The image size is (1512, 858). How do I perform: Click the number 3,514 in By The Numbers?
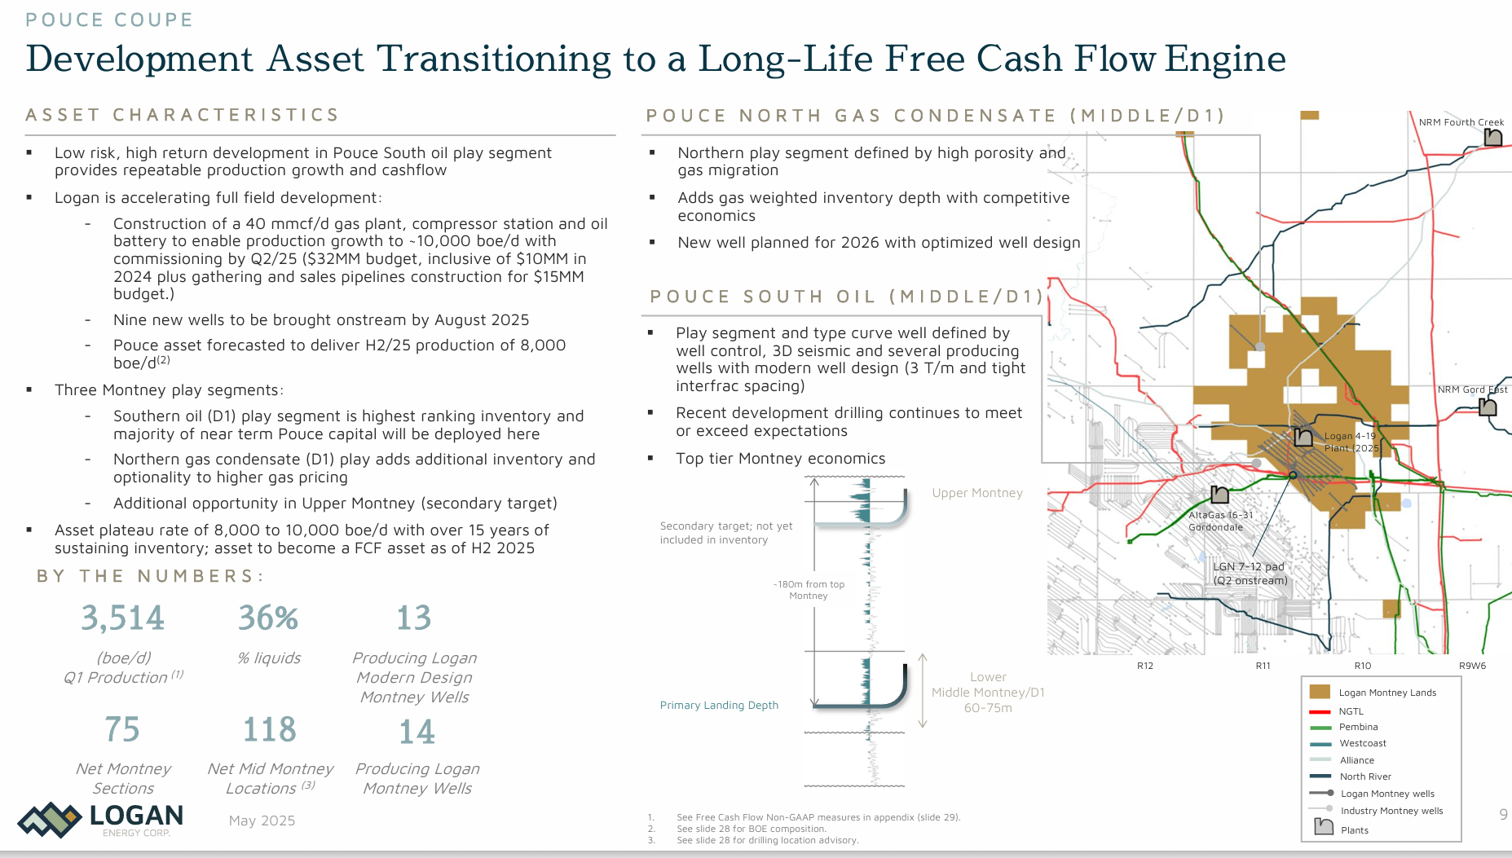[122, 618]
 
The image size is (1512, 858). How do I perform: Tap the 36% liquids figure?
[268, 618]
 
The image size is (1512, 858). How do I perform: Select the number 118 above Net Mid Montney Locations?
[270, 729]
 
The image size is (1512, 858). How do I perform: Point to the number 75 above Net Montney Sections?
[122, 729]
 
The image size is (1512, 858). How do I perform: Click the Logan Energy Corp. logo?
[101, 819]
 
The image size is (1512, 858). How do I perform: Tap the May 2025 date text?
[262, 821]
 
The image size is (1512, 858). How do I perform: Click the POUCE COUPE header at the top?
[109, 20]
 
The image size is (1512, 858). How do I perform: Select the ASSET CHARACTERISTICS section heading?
[183, 115]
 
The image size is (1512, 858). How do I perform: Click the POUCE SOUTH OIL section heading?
[846, 297]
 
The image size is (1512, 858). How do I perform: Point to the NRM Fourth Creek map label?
[1461, 122]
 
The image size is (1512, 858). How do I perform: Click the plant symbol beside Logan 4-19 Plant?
[1303, 438]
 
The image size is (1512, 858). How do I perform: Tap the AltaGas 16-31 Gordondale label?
[1220, 521]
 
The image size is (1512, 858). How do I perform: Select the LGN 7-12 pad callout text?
[1250, 574]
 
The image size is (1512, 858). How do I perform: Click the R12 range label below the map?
[1145, 666]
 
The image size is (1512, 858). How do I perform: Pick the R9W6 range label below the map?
[1472, 666]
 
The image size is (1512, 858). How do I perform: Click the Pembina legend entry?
[1358, 727]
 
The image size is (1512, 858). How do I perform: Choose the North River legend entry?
[1365, 777]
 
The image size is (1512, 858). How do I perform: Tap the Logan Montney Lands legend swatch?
[1320, 692]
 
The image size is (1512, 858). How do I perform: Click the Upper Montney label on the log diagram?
[977, 493]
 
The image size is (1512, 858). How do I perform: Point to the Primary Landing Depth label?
[719, 705]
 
